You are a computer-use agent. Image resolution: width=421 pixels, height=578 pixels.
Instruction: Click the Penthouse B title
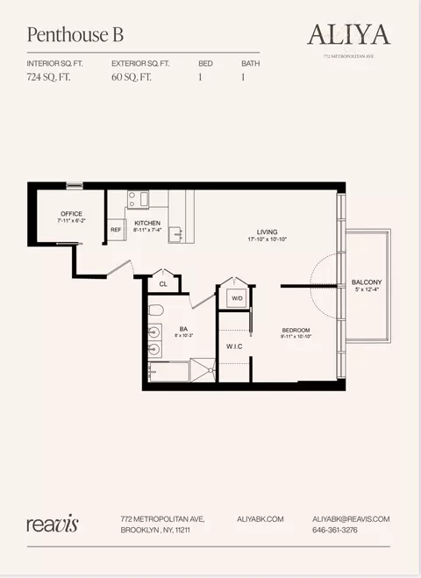pyautogui.click(x=75, y=35)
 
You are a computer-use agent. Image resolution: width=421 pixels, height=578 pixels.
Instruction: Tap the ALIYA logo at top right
pyautogui.click(x=348, y=34)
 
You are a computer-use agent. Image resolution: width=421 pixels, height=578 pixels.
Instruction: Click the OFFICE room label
pyautogui.click(x=71, y=214)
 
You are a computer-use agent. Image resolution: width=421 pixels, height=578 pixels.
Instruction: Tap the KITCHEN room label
pyautogui.click(x=147, y=224)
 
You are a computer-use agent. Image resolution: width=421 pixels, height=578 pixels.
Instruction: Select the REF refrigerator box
pyautogui.click(x=116, y=231)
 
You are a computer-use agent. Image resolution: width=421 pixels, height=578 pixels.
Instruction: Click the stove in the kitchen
pyautogui.click(x=138, y=199)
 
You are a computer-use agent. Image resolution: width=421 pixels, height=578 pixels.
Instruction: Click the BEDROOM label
pyautogui.click(x=296, y=330)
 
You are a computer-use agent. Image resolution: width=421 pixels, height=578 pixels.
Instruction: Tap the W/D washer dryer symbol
pyautogui.click(x=236, y=298)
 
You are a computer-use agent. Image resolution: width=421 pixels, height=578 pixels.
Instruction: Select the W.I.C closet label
pyautogui.click(x=233, y=346)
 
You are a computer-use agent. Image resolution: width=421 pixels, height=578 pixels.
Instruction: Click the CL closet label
pyautogui.click(x=163, y=284)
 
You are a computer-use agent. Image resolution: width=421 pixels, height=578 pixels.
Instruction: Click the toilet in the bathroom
pyautogui.click(x=155, y=310)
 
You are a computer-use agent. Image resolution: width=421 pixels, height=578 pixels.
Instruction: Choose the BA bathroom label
pyautogui.click(x=183, y=329)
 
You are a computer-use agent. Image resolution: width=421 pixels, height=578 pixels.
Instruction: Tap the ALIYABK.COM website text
pyautogui.click(x=260, y=519)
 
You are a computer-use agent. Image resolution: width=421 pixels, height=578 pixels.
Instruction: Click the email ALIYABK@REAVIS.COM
pyautogui.click(x=351, y=519)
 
